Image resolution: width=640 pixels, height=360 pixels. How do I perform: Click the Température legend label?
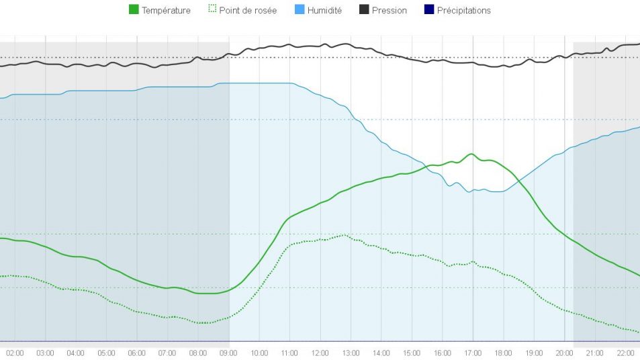166,11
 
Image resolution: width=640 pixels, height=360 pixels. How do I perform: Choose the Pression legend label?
390,11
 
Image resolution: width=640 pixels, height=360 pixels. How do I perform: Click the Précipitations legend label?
463,11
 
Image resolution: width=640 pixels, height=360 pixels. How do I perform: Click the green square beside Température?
133,10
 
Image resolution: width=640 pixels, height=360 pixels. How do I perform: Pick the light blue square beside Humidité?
299,10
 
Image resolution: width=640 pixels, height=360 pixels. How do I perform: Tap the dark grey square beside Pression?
363,10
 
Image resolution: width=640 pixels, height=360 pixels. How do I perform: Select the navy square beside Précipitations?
429,10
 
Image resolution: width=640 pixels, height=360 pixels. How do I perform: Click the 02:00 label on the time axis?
15,353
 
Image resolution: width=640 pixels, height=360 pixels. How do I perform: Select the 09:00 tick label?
228,353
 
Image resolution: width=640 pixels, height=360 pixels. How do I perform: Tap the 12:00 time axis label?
320,353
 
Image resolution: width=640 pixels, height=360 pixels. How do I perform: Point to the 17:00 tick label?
473,353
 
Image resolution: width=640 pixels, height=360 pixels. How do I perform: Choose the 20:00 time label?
564,353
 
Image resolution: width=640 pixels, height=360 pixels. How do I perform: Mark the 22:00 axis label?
625,353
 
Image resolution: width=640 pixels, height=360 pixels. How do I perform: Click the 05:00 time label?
106,353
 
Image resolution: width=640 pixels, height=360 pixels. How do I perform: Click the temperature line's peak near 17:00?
472,154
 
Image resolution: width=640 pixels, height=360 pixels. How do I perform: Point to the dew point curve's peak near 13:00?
345,235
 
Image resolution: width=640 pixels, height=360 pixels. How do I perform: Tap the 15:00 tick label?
412,353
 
